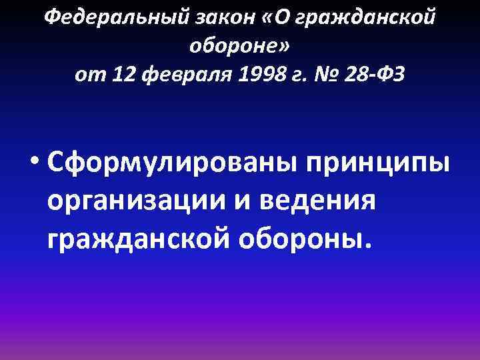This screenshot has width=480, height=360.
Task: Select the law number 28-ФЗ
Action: tap(373, 75)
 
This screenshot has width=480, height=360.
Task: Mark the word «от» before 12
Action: tap(88, 75)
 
